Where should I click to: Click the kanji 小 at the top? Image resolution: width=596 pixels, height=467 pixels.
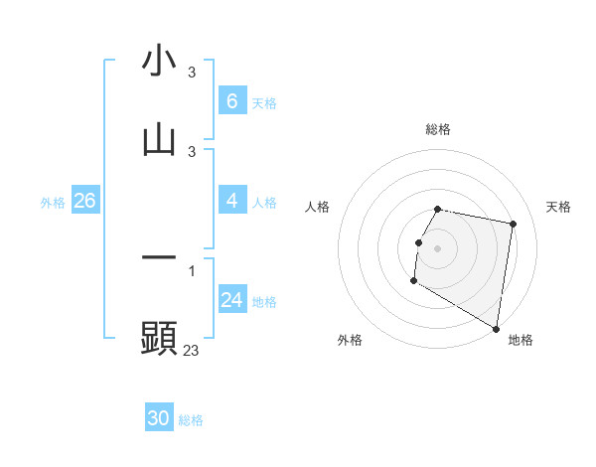pos(159,61)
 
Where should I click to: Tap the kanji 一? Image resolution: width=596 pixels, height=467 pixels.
pos(159,257)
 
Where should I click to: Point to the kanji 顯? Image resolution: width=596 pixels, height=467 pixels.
pos(159,338)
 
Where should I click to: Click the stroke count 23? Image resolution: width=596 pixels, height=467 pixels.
pos(192,350)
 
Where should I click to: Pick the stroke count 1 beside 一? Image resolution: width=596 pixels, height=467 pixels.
pos(192,270)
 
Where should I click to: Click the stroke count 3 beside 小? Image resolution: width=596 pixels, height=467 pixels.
pos(192,73)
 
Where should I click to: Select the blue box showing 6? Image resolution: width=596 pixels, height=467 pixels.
pos(231,100)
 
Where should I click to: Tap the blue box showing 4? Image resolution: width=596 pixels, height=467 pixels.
pos(231,201)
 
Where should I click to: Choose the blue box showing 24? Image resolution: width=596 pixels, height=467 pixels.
pos(231,300)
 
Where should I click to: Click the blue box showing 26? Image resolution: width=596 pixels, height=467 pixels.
pos(84,201)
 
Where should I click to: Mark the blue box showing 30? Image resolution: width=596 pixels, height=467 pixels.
pos(159,418)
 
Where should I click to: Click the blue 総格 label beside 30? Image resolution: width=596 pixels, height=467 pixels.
pos(191,420)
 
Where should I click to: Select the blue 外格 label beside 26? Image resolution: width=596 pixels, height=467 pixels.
pos(53,203)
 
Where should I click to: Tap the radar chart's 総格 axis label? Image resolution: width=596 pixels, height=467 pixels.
pos(438,129)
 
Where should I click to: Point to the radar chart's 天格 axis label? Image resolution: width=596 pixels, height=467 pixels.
pos(559,207)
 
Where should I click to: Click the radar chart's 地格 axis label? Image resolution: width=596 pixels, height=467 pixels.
pos(521,340)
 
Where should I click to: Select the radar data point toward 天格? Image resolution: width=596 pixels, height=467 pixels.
pos(513,225)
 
